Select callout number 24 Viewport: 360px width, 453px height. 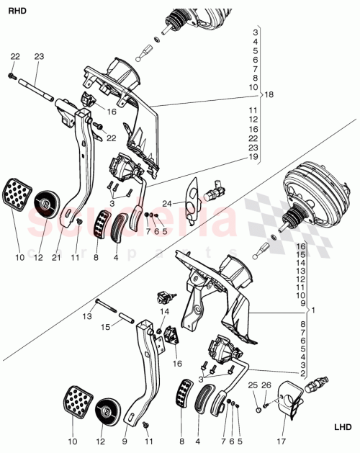166,203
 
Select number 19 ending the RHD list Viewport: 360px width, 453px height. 253,156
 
